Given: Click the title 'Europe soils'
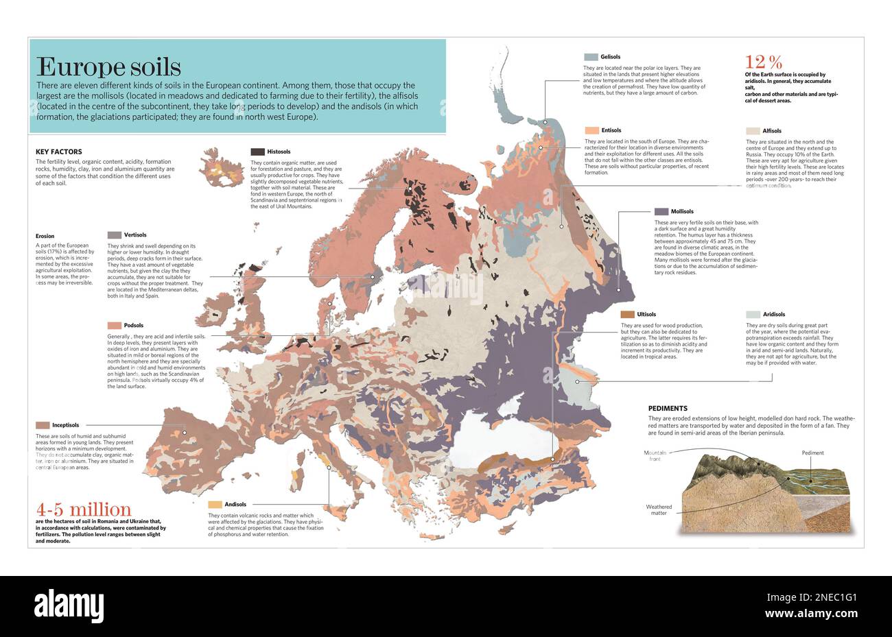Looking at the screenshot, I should click(108, 67).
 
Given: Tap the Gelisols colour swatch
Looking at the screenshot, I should click(591, 57).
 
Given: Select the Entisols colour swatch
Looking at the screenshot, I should click(591, 130).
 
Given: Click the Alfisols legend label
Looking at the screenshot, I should click(772, 131).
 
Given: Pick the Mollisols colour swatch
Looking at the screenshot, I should click(661, 212).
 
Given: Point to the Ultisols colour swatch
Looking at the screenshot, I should click(627, 315).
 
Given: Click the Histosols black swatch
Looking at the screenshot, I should click(257, 152).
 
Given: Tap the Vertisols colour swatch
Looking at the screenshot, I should click(114, 235).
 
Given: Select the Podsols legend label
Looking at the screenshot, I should click(134, 326).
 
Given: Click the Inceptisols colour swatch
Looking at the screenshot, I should click(43, 425).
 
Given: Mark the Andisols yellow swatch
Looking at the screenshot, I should click(215, 505).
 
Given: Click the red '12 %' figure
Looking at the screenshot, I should click(764, 62).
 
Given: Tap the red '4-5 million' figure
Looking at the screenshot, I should click(84, 509).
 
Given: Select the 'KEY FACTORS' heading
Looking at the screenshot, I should click(58, 152).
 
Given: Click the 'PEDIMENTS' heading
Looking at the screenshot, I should click(668, 408).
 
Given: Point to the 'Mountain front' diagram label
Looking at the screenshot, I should click(655, 457).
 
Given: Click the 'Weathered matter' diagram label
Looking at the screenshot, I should click(659, 510).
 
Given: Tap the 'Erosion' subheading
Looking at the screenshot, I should click(45, 236).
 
